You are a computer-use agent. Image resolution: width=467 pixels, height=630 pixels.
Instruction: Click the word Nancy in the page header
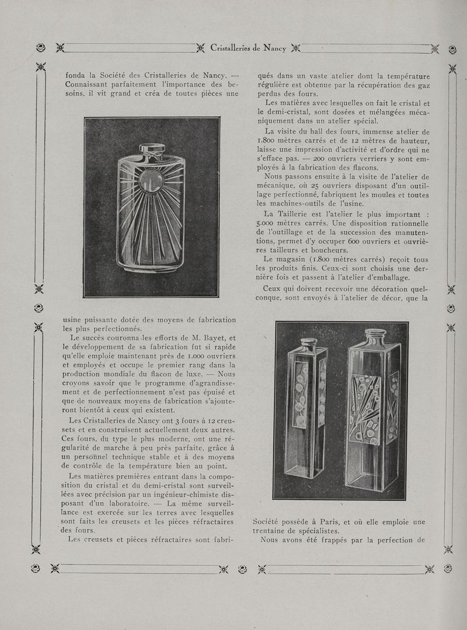tap(275, 48)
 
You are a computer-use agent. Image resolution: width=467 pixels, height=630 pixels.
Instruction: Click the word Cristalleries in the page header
tap(233, 48)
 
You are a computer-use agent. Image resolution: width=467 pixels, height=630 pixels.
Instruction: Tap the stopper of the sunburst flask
tap(152, 149)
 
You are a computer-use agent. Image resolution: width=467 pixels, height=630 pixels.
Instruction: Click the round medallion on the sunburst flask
tap(151, 180)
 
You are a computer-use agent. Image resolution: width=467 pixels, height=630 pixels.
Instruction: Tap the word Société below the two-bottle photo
tap(270, 522)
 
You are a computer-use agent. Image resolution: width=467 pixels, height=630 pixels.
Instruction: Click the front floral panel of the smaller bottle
tap(301, 395)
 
